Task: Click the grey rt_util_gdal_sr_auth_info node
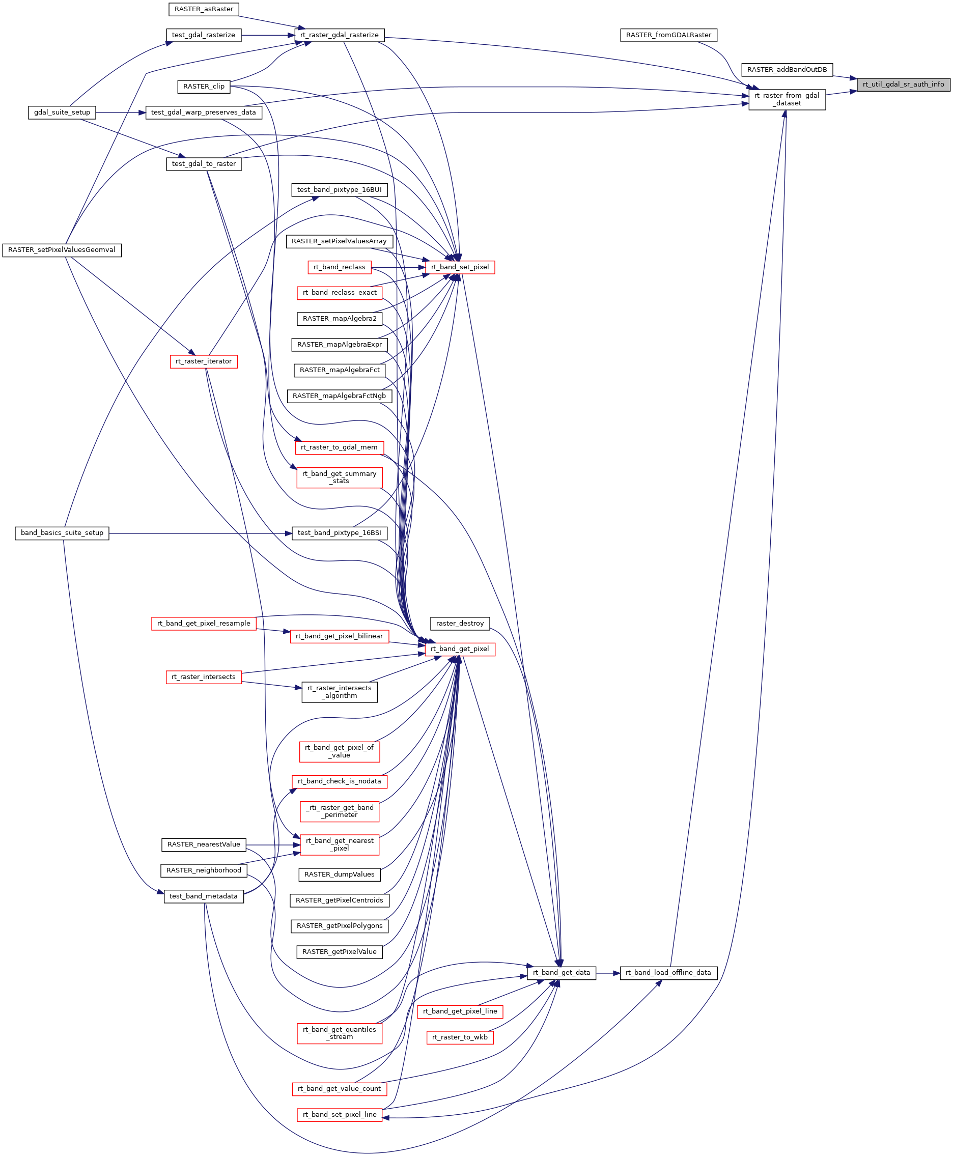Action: (x=903, y=84)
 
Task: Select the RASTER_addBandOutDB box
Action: (x=787, y=70)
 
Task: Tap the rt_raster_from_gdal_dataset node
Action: (x=787, y=99)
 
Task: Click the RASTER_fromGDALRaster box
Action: (x=668, y=35)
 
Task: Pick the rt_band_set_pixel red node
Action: (x=460, y=267)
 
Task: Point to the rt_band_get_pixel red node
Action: (x=460, y=649)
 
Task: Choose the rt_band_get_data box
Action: (x=561, y=973)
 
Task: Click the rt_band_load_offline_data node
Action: (x=668, y=973)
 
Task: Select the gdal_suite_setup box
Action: (x=62, y=112)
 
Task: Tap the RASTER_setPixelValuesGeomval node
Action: (x=62, y=250)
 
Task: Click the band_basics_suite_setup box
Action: (x=62, y=533)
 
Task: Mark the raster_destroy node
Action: (x=460, y=624)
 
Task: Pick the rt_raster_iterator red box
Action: (x=204, y=362)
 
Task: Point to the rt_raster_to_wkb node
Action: (x=460, y=1037)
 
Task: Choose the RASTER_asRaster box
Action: (x=204, y=9)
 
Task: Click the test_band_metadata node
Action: (x=203, y=896)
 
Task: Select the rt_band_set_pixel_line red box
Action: (x=339, y=1115)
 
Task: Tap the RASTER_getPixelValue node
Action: (x=339, y=952)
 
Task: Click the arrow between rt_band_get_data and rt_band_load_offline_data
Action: (x=608, y=973)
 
